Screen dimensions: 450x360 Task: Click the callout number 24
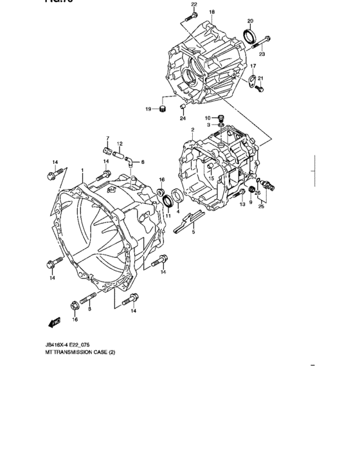pyautogui.click(x=183, y=119)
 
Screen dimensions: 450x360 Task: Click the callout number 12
pyautogui.click(x=120, y=143)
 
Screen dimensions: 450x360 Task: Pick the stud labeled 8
pyautogui.click(x=90, y=298)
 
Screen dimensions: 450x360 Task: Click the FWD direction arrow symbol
pyautogui.click(x=53, y=323)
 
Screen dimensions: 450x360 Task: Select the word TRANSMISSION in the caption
pyautogui.click(x=72, y=352)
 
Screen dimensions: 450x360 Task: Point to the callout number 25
pyautogui.click(x=262, y=207)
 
